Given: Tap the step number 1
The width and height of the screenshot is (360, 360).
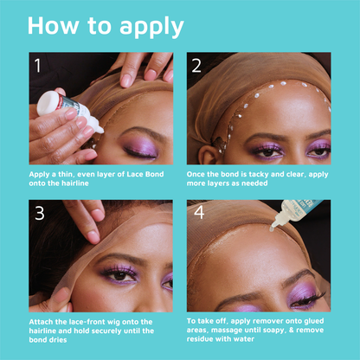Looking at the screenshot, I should point(37,65).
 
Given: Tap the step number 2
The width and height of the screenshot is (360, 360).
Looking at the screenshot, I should point(196,65).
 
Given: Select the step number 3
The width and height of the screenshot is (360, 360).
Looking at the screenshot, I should point(38,214).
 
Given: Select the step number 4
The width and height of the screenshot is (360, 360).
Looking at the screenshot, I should point(197,214).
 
